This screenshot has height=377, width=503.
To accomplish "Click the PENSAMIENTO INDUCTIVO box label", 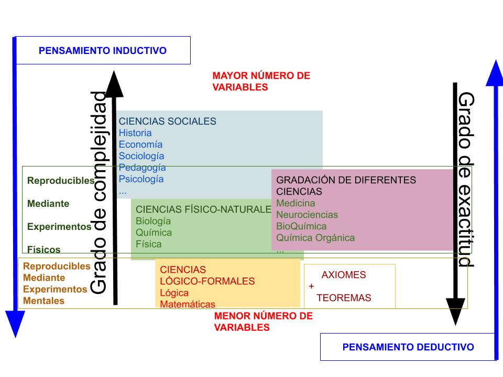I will pos(103,51).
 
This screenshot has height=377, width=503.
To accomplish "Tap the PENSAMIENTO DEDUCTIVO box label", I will pos(408,347).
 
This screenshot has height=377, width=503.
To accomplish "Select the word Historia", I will pos(135,133).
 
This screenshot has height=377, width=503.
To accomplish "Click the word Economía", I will pos(140,145).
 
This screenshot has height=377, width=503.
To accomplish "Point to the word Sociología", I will pos(141,156).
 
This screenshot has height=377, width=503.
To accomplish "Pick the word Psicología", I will pos(141,179).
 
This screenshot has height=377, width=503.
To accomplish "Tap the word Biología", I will pos(153,221).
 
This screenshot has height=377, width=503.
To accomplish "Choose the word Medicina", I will pos(296,203).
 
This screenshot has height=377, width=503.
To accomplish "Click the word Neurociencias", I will pos(307,215).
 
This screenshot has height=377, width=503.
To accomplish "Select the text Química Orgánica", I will pos(315,238).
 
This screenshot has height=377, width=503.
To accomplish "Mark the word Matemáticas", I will pos(188,304).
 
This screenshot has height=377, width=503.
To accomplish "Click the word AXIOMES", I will pos(344,275).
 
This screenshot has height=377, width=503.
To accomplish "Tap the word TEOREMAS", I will pos(344,298).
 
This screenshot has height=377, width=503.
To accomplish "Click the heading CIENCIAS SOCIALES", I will pos(167,121).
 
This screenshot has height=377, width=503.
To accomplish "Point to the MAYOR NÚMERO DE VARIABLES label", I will pos(261,82).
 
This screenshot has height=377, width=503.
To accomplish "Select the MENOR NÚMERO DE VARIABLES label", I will pos(263,322).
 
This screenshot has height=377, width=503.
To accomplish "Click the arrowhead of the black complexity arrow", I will pos(115,84).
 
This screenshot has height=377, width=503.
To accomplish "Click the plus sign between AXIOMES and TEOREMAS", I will pos(311,286).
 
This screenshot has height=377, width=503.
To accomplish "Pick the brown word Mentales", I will pos(44,301).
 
